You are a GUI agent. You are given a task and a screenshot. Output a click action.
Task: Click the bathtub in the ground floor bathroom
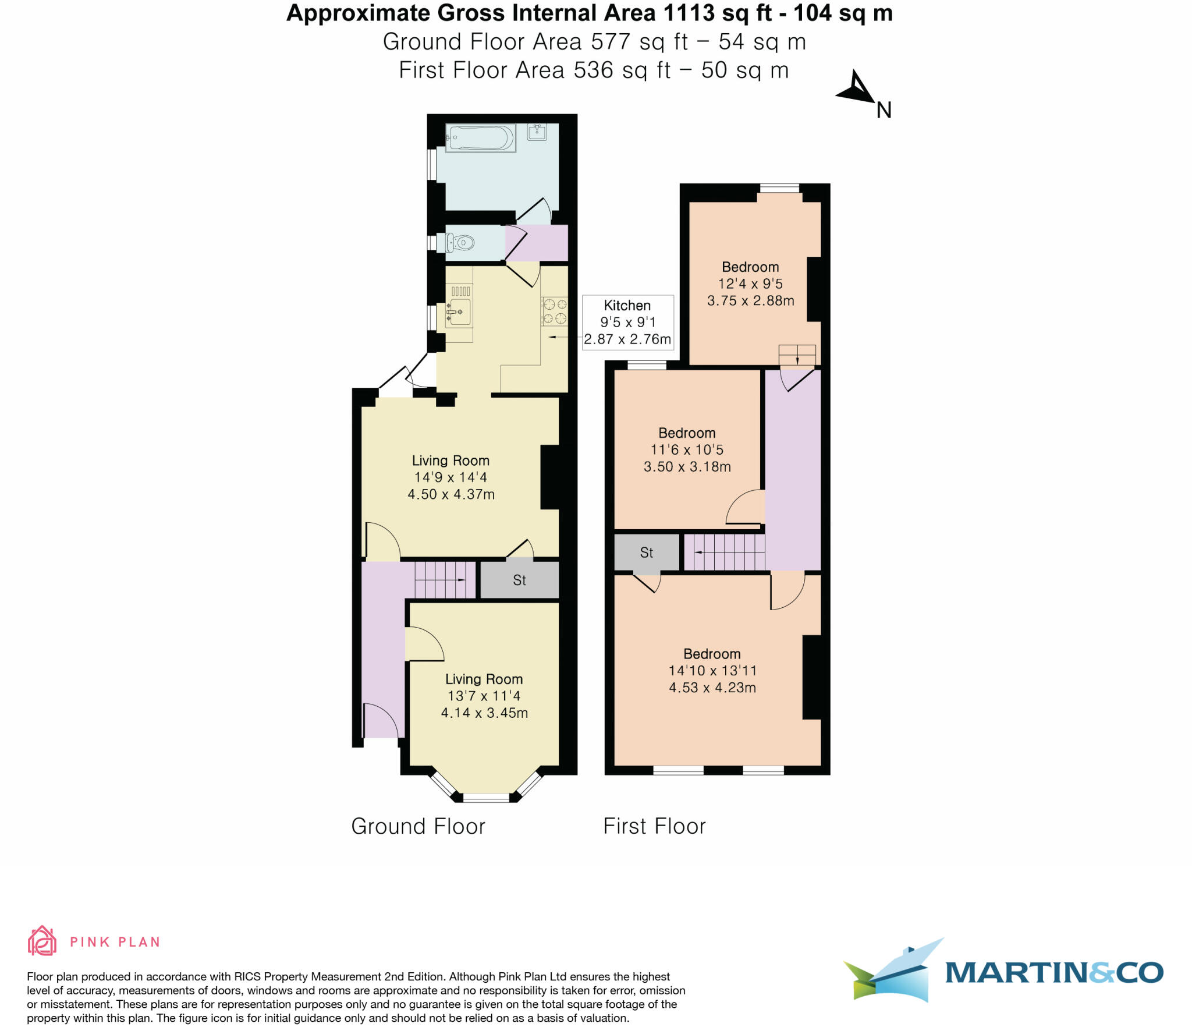point(480,139)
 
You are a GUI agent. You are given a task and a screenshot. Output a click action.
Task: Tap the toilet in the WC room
point(460,242)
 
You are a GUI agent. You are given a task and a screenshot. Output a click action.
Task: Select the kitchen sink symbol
point(459,312)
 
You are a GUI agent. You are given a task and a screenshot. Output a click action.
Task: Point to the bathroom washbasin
point(537,132)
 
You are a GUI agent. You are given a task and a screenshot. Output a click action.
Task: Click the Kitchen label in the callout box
point(627,305)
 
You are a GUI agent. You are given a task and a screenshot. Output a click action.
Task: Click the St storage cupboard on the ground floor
point(519,580)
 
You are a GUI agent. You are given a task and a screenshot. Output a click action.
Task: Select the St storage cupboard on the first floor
point(646,553)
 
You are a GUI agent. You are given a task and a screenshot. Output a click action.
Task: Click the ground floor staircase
point(445,580)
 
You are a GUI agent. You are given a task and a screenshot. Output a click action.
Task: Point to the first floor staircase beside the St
point(724,552)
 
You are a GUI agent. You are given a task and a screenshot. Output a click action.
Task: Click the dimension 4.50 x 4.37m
point(450,494)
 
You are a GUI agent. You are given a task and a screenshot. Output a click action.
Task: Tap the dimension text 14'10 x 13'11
point(712,671)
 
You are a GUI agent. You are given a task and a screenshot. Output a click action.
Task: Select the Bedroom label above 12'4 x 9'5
point(750,267)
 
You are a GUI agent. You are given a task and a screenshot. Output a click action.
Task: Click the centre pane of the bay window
point(486,798)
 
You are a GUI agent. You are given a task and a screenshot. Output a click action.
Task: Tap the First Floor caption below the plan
point(654,826)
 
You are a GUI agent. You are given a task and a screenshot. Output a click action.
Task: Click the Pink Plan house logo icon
point(42,941)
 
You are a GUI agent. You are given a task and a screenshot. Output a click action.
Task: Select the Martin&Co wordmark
point(1053,973)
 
